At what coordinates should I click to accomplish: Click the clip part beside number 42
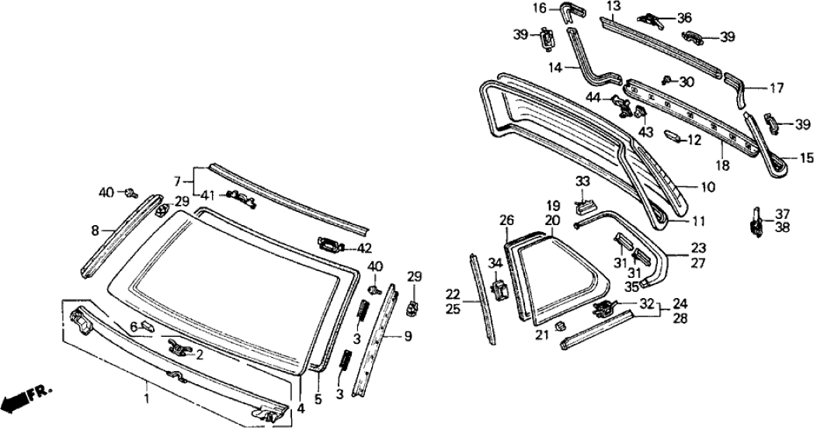point(330,245)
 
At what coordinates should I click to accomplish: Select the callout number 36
point(683,17)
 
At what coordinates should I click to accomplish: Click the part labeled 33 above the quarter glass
point(584,206)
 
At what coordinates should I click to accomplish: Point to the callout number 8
point(96,230)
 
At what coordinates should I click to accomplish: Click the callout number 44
point(593,97)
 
